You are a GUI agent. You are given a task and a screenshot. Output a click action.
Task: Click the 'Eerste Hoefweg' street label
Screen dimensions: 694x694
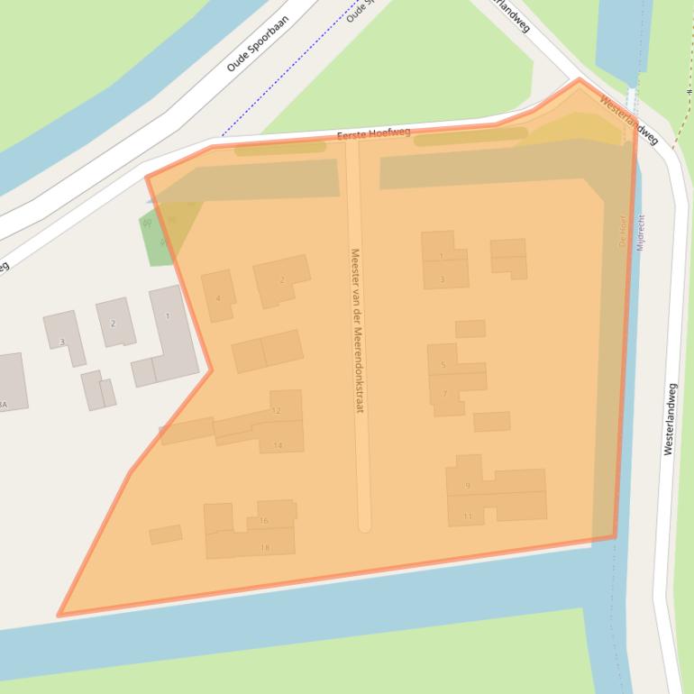point(373,133)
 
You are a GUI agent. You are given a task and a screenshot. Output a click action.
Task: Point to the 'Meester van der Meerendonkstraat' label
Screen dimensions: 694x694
point(357,331)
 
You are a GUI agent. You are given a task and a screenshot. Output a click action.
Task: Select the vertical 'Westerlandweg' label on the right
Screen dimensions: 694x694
point(670,419)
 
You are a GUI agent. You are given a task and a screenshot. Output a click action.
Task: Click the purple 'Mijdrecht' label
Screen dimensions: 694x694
point(640,233)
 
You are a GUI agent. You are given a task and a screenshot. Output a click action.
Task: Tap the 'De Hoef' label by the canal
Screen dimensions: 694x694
point(624,231)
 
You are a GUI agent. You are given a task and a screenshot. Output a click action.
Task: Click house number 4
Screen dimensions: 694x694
point(218,298)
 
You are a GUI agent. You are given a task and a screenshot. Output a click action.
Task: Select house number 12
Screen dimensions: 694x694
point(277,411)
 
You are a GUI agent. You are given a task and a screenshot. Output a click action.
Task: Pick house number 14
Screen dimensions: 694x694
point(278,445)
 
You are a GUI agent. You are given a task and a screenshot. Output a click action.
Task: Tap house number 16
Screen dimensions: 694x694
point(264,520)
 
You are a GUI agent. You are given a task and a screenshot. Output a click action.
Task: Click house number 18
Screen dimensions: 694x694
point(264,547)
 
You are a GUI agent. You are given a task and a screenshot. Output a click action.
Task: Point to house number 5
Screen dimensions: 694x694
point(443,365)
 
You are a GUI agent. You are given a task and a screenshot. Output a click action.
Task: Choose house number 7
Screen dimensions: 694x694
point(444,394)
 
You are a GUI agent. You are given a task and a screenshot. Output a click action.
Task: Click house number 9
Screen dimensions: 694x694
point(468,486)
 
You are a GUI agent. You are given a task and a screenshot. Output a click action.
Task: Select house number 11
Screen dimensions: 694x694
point(468,516)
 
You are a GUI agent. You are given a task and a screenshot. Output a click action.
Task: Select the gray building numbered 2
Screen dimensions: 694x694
point(114,323)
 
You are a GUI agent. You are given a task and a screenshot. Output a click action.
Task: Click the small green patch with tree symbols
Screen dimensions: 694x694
point(157,238)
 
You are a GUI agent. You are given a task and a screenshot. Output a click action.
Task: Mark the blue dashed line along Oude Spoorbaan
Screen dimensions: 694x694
point(279,80)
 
